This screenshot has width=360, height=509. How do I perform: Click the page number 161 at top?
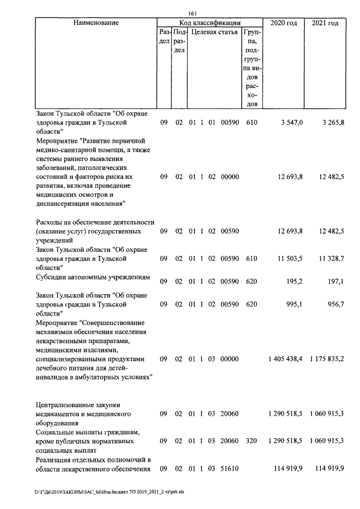click(x=194, y=14)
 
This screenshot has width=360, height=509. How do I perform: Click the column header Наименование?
click(x=96, y=23)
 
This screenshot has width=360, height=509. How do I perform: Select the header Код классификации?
click(x=210, y=23)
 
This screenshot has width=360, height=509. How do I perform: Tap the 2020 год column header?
click(x=284, y=23)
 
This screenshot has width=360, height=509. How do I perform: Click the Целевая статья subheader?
click(x=214, y=33)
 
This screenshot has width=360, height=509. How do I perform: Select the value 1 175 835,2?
click(x=327, y=358)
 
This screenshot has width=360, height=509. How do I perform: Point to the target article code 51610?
click(x=230, y=468)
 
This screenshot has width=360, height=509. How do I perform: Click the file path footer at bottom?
click(x=110, y=490)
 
